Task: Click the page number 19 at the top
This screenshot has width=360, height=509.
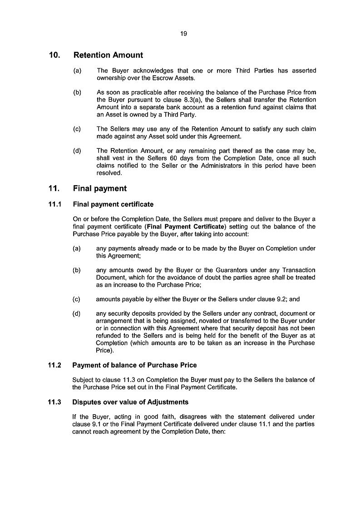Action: [x=183, y=34]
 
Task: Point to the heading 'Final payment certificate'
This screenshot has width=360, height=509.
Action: [x=113, y=204]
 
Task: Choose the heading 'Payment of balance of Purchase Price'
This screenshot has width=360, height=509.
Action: [x=134, y=365]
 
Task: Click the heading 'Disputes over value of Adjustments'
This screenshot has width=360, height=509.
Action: [x=130, y=402]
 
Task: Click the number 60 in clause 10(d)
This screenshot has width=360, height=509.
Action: [x=165, y=158]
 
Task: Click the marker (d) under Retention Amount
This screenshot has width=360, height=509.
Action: [x=77, y=151]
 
